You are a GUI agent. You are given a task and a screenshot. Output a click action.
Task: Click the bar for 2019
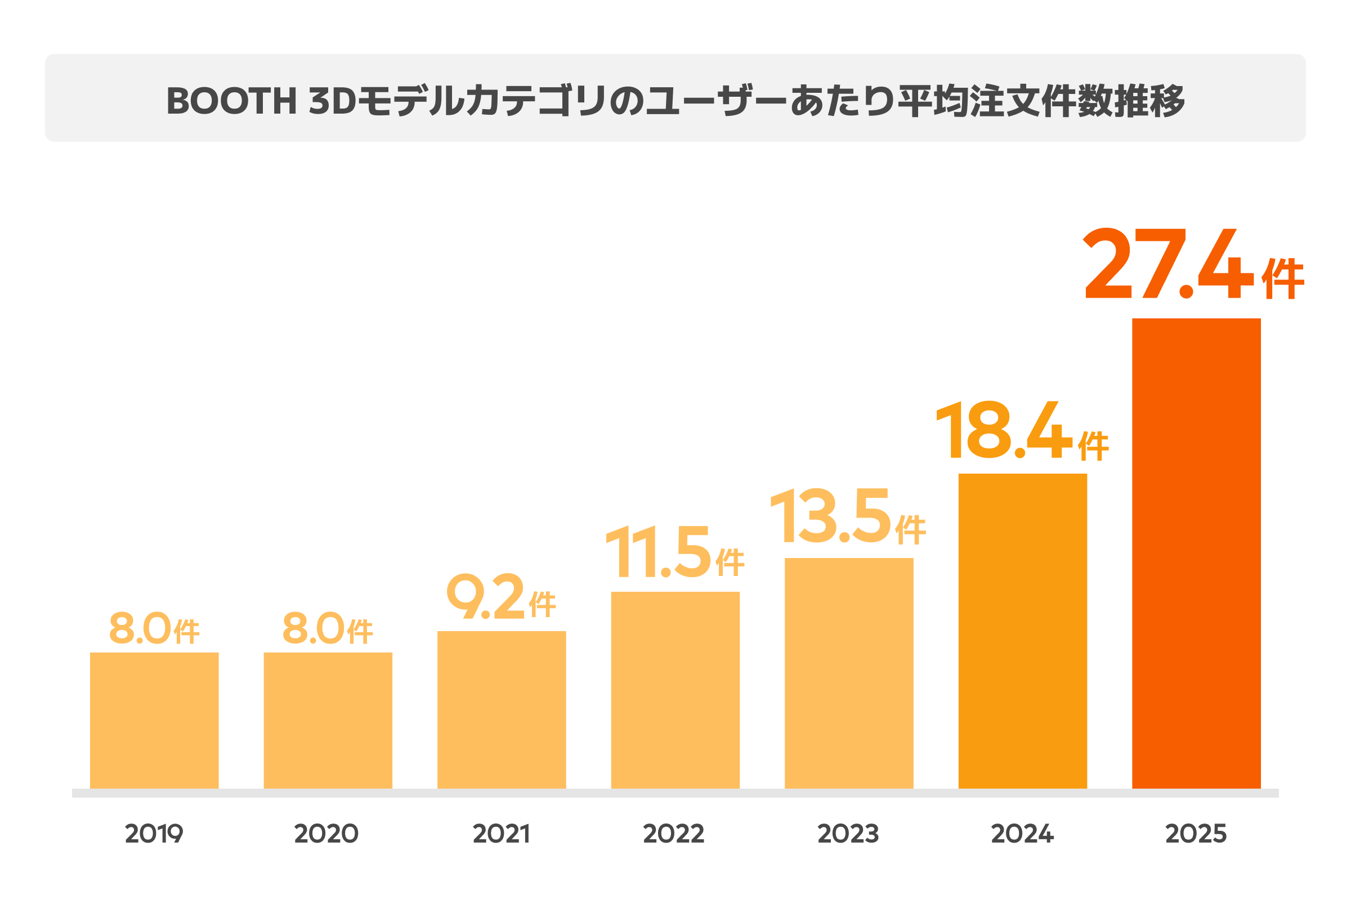click(154, 721)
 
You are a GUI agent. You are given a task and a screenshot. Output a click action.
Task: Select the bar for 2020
click(328, 721)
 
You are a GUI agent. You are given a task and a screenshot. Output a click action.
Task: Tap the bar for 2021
click(502, 710)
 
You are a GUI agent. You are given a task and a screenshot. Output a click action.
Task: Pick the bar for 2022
click(675, 691)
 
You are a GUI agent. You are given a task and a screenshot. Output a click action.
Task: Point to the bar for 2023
click(849, 673)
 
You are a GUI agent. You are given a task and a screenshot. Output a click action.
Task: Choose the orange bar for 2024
click(1022, 631)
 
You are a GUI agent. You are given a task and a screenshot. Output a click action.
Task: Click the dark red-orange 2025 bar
click(1197, 554)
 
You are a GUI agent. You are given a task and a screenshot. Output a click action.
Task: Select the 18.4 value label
click(1004, 430)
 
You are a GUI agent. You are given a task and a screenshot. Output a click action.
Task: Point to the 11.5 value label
click(659, 552)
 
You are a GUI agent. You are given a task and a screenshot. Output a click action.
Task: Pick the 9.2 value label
click(486, 596)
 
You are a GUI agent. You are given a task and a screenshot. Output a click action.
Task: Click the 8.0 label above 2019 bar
click(141, 627)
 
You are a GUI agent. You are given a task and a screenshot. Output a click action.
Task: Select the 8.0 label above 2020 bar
click(314, 627)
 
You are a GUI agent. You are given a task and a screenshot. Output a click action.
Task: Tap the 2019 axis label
click(154, 834)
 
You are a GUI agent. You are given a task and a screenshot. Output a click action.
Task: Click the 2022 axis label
click(674, 834)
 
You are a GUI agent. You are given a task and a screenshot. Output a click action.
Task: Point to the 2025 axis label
click(1196, 834)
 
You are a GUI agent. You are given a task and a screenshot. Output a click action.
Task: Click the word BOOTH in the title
click(231, 101)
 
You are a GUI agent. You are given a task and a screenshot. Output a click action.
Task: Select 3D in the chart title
click(333, 101)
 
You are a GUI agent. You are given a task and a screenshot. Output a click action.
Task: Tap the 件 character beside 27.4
click(1283, 279)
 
